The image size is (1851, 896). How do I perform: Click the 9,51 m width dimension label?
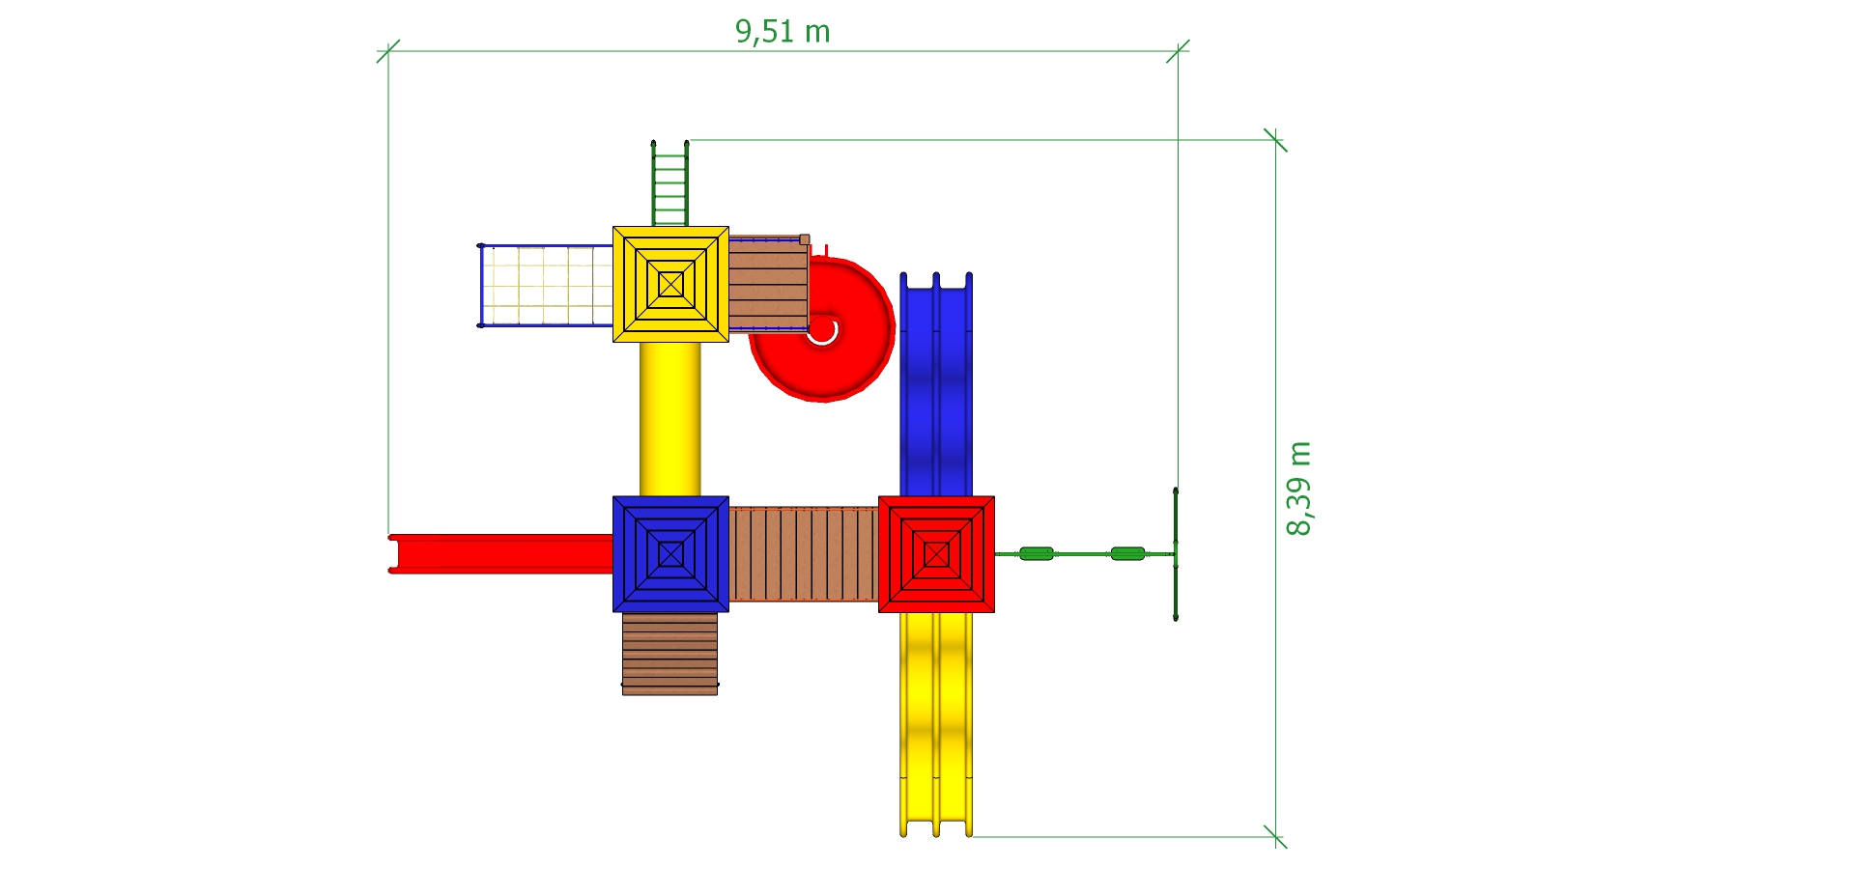[783, 32]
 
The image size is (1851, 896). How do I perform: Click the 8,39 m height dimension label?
[1299, 488]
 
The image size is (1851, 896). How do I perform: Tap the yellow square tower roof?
[670, 284]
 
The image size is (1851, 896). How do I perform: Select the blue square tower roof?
[670, 554]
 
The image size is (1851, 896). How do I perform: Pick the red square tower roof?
[936, 554]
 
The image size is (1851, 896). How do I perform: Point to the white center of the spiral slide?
[822, 330]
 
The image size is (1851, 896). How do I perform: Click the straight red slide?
[500, 553]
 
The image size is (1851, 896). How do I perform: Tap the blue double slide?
[936, 384]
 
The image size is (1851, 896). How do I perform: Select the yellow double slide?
[936, 724]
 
